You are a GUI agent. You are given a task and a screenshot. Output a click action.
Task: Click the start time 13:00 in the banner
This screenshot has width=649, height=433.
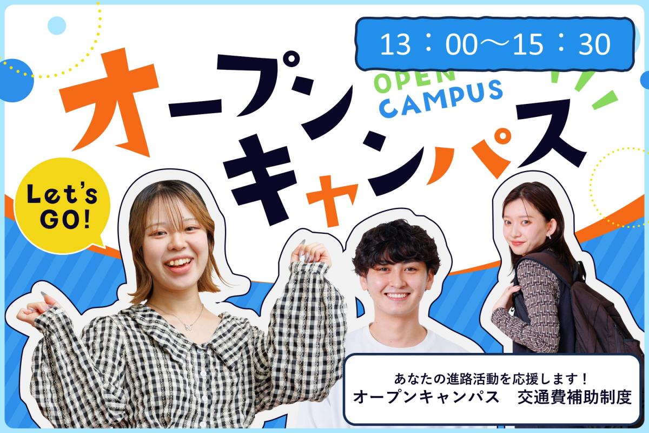click(428, 44)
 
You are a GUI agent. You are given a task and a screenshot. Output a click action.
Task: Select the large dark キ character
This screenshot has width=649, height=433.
click(261, 180)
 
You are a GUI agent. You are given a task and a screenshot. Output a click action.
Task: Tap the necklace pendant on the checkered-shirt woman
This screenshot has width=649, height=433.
click(189, 327)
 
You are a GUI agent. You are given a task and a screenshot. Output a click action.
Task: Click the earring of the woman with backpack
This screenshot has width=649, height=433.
click(549, 235)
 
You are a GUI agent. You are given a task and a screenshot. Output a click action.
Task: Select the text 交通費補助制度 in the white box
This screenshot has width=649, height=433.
click(574, 398)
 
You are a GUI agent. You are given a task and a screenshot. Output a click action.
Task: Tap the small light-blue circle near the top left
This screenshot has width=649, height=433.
click(57, 25)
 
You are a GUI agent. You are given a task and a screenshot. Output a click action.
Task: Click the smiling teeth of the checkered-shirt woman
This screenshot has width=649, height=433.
click(178, 263)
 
